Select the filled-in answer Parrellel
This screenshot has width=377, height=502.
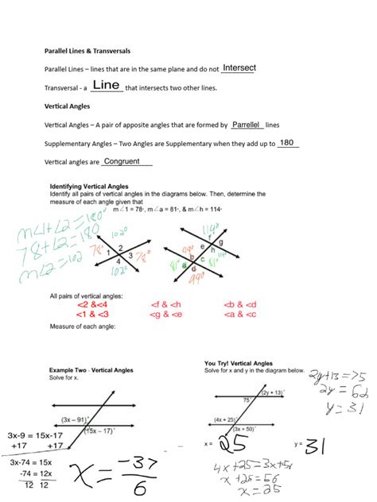(247, 125)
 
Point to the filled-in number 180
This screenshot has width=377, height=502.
(287, 143)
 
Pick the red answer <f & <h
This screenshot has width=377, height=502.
(165, 304)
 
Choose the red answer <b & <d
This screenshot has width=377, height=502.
(241, 304)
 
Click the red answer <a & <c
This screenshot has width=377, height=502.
(241, 315)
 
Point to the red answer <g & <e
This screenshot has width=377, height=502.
(165, 315)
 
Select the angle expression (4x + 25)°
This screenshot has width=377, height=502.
(227, 419)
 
